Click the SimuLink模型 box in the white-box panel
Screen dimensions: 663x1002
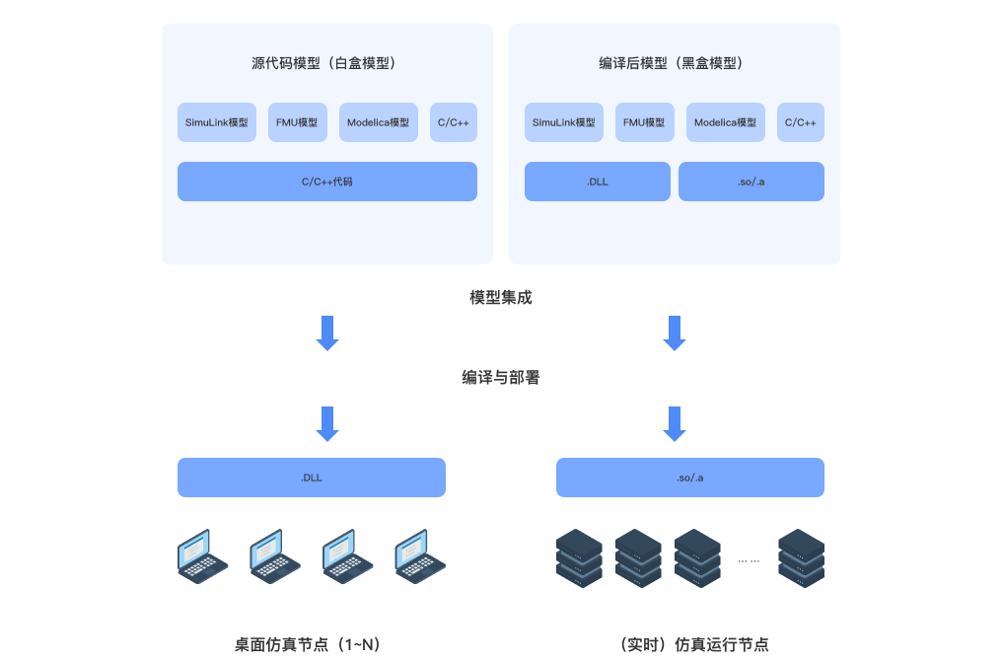point(217,122)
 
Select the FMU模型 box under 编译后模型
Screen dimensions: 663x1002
point(645,122)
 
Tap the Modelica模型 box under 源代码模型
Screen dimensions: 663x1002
point(379,122)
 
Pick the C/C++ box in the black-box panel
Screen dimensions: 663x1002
point(800,122)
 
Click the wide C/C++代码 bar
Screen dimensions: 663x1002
point(327,182)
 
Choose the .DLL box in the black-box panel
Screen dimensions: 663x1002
point(598,182)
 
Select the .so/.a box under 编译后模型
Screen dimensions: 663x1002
point(751,182)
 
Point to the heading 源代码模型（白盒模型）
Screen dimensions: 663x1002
point(327,63)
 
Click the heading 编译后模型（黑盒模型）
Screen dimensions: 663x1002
point(675,63)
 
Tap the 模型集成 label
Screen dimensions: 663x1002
point(501,297)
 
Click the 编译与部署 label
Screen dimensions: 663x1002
point(501,377)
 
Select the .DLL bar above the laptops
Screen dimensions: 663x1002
point(312,478)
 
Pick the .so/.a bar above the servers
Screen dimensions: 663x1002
point(690,478)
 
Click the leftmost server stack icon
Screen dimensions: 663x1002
point(579,558)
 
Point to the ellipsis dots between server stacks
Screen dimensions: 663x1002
point(749,559)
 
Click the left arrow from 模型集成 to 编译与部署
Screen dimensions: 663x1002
point(327,332)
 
